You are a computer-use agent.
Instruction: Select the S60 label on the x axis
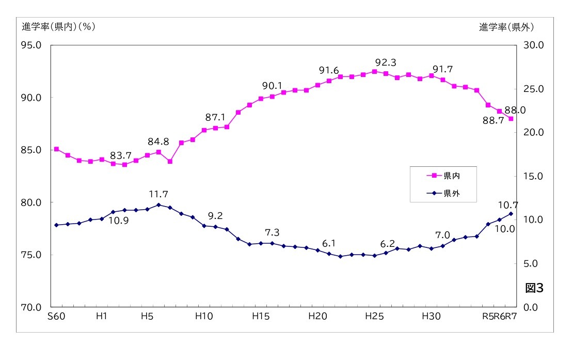tap(56, 316)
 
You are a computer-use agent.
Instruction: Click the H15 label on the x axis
tap(261, 316)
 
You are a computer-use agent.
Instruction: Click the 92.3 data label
tap(386, 62)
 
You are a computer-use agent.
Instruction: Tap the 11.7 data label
tap(158, 194)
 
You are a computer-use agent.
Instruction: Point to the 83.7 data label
tap(120, 155)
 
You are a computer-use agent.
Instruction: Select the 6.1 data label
tap(329, 243)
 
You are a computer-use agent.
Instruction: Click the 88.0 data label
tap(515, 110)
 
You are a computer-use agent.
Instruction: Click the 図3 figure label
tap(534, 288)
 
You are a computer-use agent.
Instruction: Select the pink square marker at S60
tap(56, 149)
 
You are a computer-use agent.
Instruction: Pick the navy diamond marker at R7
tap(511, 214)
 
